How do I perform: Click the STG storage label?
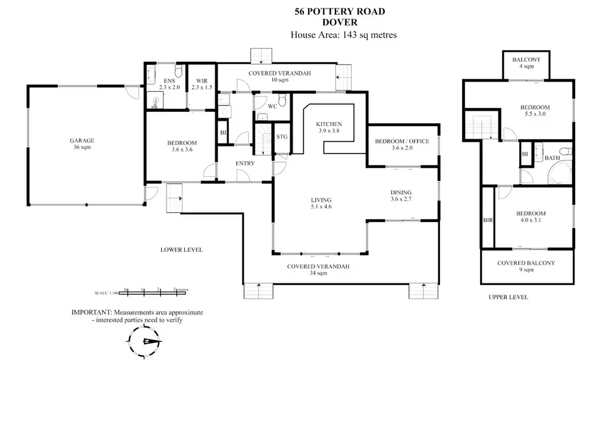pos(282,136)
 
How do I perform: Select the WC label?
pos(272,106)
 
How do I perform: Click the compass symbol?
pos(144,342)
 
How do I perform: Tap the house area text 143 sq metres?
pos(343,35)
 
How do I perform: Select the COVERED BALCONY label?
pos(526,266)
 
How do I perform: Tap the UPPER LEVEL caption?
pos(508,297)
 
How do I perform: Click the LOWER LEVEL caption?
pos(181,249)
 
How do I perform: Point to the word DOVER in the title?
pos(343,23)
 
